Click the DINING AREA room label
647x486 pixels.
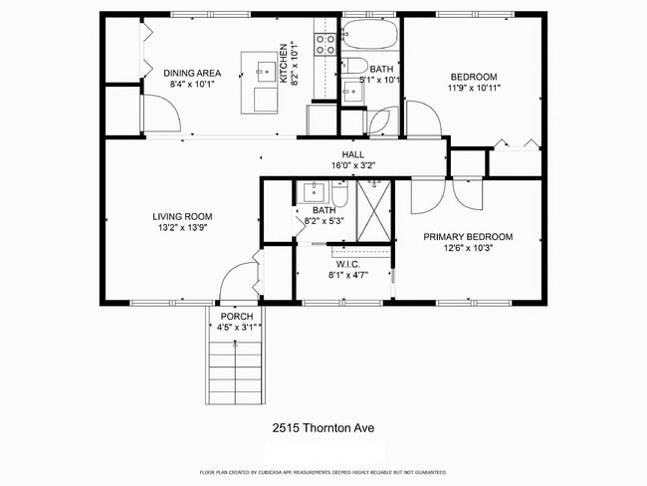(x=191, y=73)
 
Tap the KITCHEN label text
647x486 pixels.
(x=284, y=63)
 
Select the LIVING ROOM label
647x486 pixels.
(x=182, y=216)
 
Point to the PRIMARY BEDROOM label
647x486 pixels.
(x=468, y=236)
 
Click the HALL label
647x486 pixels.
(x=352, y=154)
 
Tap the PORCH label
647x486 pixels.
(x=237, y=316)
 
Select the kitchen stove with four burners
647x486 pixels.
(x=325, y=43)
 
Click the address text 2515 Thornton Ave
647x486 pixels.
(x=323, y=428)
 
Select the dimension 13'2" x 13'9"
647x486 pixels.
(x=182, y=227)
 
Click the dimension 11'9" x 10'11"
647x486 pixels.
(x=473, y=88)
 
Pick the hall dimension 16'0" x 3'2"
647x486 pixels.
(x=352, y=165)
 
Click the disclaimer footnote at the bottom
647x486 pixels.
(x=323, y=472)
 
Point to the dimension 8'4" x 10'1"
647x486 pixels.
(x=191, y=84)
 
